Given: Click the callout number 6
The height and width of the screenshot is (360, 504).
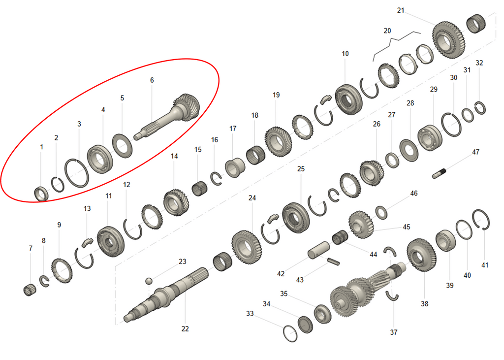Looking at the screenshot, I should (152, 80).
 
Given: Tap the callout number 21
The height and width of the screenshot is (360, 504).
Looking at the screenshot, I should (401, 10).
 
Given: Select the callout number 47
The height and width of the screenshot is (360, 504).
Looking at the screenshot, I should (475, 152).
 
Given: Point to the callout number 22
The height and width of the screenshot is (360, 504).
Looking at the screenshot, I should (185, 328).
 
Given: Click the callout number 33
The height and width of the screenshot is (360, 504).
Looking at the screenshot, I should (250, 313).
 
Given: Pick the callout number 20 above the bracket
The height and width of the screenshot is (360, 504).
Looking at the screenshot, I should (387, 31).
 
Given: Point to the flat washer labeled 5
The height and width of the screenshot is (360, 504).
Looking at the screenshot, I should (124, 146).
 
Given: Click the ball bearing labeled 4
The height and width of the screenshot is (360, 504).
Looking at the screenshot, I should (102, 158).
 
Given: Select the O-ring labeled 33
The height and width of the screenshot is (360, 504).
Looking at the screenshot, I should (290, 333).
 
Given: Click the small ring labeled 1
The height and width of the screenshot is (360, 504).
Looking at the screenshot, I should (41, 194).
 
